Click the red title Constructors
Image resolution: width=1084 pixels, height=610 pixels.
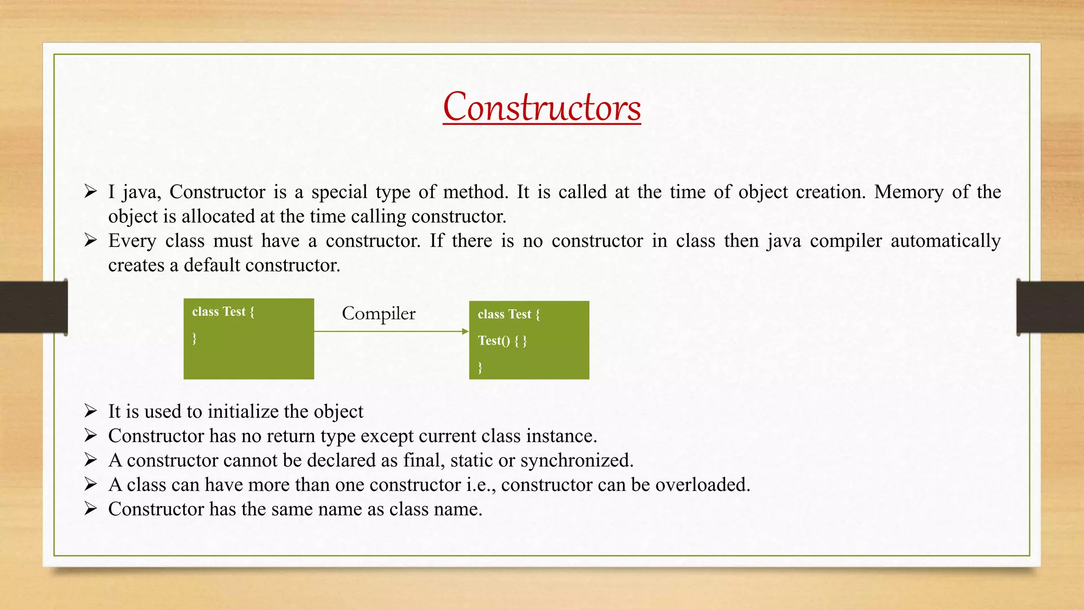(x=541, y=107)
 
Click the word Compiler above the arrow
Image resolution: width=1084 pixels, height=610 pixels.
(x=378, y=313)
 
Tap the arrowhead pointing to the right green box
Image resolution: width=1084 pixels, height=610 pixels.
(x=465, y=331)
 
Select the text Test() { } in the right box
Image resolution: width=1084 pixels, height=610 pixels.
(x=502, y=340)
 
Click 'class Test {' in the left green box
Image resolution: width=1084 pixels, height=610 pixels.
(x=223, y=312)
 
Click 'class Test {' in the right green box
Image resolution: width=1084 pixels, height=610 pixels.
(x=509, y=315)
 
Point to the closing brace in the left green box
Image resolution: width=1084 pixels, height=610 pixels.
(x=194, y=338)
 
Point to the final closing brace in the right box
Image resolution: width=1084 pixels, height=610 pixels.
(x=480, y=367)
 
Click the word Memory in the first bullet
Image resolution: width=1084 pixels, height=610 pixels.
(x=908, y=192)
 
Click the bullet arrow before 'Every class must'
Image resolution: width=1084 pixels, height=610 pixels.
(x=91, y=240)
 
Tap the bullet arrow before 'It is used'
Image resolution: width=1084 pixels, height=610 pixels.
(x=91, y=411)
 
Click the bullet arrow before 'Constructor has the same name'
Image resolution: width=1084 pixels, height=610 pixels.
(x=91, y=508)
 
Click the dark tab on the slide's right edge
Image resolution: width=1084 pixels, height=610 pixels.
(x=1050, y=307)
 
